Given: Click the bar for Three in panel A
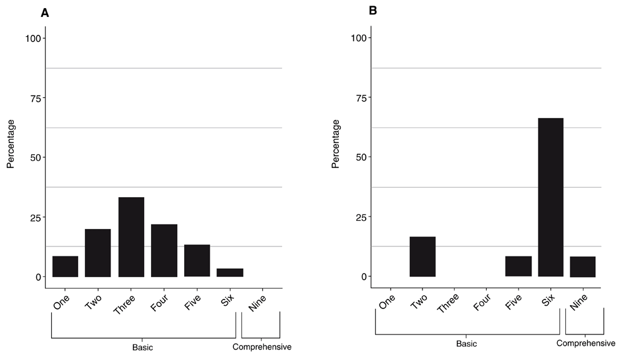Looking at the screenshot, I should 130,237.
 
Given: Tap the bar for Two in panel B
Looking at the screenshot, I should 422,256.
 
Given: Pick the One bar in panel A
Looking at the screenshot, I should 65,266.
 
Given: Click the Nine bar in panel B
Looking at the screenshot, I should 583,266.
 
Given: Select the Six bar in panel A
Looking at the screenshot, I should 230,273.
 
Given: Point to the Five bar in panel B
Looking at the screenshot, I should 519,266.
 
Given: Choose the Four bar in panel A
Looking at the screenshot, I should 163,250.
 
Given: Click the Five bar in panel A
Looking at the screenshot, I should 197,261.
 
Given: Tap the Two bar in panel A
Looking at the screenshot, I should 98,253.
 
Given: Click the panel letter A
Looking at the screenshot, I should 45,12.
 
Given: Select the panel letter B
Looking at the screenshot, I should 373,11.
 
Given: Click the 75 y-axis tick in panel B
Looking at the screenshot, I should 359,98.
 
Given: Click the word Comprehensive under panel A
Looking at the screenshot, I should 262,348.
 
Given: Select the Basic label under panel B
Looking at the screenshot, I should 467,344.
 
